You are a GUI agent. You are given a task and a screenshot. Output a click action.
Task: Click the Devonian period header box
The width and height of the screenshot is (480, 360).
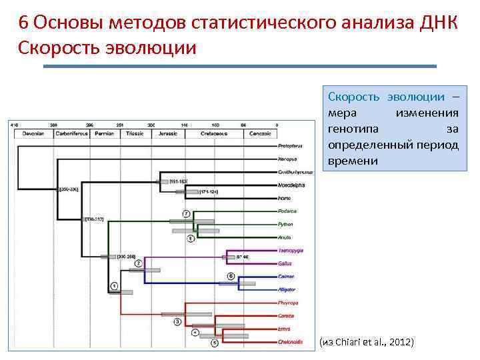coord(33,133)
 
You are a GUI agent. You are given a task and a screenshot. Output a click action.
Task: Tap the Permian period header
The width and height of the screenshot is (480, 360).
coord(104,133)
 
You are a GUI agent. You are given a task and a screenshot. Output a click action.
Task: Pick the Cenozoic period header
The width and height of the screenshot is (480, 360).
coord(259,133)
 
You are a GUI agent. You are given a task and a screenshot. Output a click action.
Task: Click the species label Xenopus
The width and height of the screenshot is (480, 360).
coord(287,159)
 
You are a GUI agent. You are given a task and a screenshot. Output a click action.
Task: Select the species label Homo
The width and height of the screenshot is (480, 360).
coord(285,198)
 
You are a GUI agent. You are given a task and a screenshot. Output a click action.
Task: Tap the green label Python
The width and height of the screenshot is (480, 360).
coord(287,224)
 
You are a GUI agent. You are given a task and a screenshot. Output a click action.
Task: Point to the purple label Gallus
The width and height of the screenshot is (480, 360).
coord(286,263)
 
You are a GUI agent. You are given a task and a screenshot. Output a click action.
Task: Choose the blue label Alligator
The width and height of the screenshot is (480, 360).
coord(288,289)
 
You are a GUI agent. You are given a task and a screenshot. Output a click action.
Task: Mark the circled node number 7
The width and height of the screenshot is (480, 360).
coord(187,213)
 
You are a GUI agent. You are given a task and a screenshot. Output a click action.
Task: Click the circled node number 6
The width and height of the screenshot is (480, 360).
coord(231,275)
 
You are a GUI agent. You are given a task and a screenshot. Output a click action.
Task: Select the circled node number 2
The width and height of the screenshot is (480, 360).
coord(139,263)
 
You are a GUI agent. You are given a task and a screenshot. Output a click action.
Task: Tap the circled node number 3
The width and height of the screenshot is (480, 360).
coord(177,321)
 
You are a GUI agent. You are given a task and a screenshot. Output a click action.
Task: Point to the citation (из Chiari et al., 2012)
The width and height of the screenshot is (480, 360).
coord(366,342)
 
